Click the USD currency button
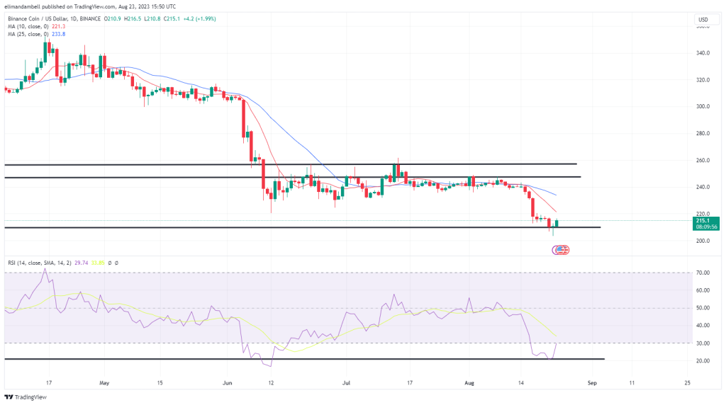tap(703, 19)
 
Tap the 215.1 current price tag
tap(704, 220)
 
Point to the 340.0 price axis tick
tap(703, 52)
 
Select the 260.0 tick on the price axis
tap(703, 160)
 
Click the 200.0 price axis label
tap(703, 241)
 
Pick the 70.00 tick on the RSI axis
tap(703, 272)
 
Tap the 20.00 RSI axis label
tap(703, 360)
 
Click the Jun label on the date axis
tap(227, 382)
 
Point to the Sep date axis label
tap(593, 382)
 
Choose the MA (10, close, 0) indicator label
tap(29, 25)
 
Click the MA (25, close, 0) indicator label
tap(29, 33)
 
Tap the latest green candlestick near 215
tap(557, 224)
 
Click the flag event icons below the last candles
tap(561, 249)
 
